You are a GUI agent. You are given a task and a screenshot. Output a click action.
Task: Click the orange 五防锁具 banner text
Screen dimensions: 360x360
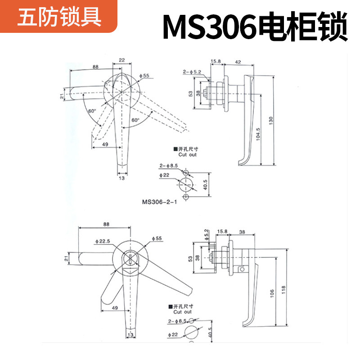(x=59, y=19)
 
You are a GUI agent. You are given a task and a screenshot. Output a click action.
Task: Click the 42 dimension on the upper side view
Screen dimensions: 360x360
(x=238, y=62)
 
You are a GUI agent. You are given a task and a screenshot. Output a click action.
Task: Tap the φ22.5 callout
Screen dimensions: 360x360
(x=103, y=241)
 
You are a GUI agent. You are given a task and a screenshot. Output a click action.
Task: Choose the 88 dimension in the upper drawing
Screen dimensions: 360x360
(x=95, y=67)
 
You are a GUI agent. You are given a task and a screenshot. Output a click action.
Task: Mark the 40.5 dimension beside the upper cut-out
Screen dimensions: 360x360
(x=205, y=185)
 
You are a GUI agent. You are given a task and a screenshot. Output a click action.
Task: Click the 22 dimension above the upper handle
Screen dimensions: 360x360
(x=122, y=60)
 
